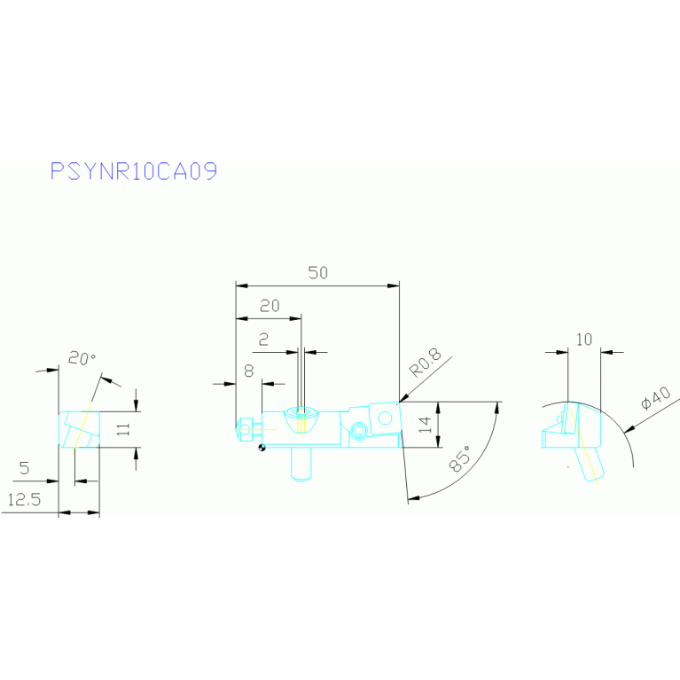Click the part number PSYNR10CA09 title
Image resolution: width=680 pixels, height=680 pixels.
click(x=134, y=171)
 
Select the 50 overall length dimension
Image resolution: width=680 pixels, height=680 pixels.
click(x=318, y=273)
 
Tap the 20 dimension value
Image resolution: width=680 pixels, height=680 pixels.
click(x=270, y=306)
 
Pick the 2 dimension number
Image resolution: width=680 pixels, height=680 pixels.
click(x=263, y=340)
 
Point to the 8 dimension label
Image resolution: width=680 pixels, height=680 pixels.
click(x=249, y=371)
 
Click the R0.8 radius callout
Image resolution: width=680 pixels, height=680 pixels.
click(x=426, y=363)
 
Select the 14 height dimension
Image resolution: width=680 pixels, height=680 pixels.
click(x=426, y=425)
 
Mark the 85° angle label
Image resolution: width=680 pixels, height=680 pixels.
click(x=460, y=458)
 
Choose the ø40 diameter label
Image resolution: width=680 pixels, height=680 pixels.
click(x=656, y=398)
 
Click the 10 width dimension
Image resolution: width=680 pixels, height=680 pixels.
click(x=584, y=340)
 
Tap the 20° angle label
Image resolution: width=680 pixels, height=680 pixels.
click(x=82, y=358)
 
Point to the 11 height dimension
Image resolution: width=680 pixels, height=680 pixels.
click(x=123, y=429)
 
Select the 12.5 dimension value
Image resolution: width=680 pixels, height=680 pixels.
click(x=24, y=500)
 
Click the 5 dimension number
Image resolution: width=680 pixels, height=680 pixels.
click(x=24, y=468)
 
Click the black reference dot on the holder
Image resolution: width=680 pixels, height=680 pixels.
click(x=262, y=448)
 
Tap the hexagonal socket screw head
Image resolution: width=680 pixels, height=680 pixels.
click(x=359, y=430)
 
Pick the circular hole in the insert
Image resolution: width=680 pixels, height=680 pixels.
click(x=385, y=418)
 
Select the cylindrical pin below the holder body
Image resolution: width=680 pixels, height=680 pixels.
click(x=301, y=464)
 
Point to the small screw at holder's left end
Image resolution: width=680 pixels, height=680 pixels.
click(x=245, y=430)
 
